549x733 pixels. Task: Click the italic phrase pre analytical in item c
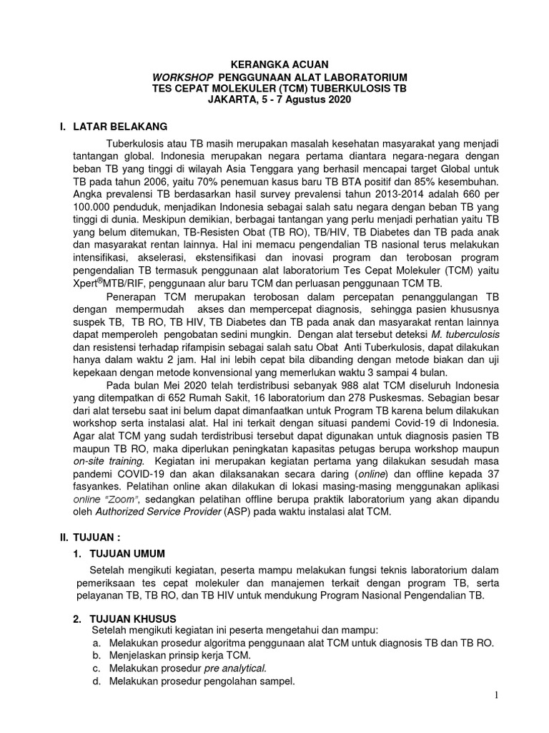[232, 668]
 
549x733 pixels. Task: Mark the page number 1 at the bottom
[498, 696]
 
